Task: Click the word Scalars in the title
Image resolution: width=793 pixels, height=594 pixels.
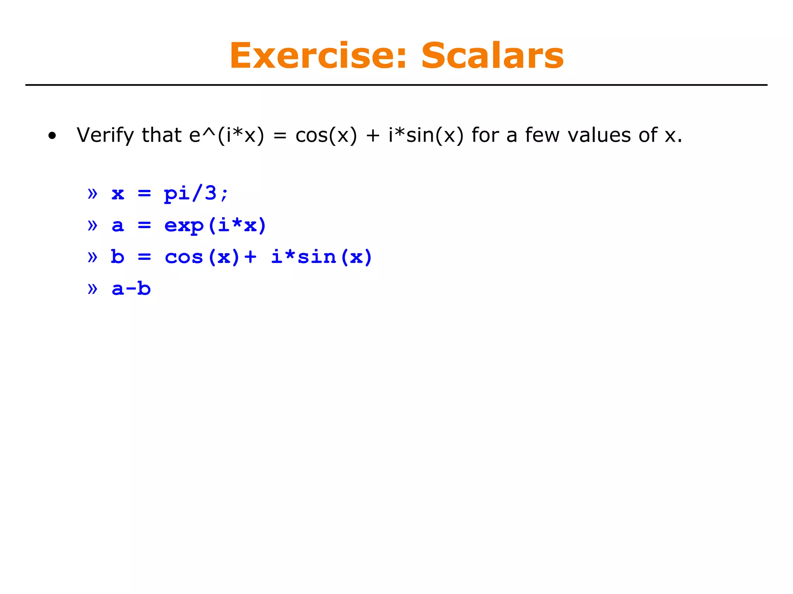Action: tap(492, 56)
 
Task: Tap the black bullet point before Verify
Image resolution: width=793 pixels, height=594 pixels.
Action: tap(52, 136)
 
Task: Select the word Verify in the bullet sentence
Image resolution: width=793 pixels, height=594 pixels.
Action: tap(105, 136)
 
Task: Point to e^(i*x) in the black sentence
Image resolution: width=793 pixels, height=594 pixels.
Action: tap(227, 136)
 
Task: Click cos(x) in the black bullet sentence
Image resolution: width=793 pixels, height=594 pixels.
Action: tap(326, 136)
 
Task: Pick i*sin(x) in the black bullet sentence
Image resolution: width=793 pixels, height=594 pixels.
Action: tap(426, 136)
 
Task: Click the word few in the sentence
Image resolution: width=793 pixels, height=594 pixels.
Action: tap(542, 136)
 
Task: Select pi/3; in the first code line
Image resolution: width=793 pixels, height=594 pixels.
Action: tap(196, 193)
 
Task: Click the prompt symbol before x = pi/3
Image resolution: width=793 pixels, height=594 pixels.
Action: tap(93, 193)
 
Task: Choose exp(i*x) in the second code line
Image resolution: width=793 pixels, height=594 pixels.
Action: tap(215, 225)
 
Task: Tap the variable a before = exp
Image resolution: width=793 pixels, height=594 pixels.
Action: tap(118, 226)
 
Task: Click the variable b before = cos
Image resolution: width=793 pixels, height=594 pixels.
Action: tap(118, 257)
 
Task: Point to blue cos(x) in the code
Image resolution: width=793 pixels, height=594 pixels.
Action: tap(202, 257)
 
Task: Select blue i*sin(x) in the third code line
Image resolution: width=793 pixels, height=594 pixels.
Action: tap(321, 257)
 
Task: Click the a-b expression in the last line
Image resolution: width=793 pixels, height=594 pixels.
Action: tap(131, 289)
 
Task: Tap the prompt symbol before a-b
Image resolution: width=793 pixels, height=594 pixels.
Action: tap(93, 289)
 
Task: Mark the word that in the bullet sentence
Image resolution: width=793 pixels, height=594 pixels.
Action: tap(162, 136)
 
